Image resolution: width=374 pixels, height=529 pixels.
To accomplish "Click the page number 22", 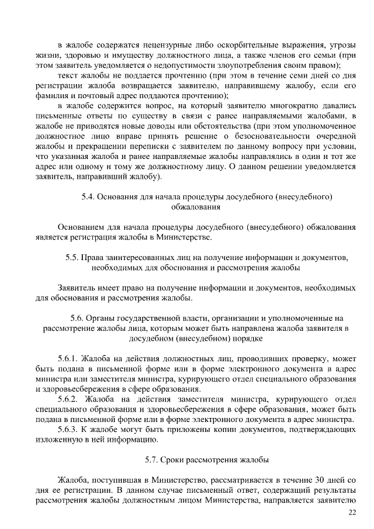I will [x=352, y=513].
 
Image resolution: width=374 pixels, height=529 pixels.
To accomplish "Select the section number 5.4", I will [x=89, y=197].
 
